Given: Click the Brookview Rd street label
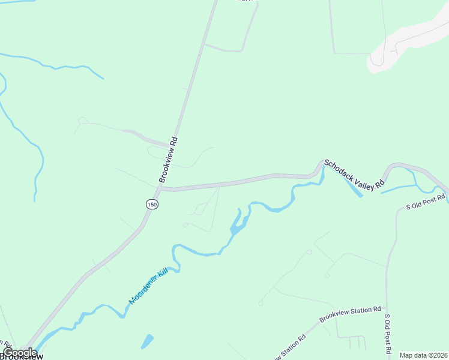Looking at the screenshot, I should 169,160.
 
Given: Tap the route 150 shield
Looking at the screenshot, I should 152,205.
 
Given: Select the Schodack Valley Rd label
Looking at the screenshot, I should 354,175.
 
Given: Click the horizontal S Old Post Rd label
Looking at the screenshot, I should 426,202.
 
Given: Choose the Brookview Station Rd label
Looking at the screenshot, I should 350,314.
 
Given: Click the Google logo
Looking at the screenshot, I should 19,353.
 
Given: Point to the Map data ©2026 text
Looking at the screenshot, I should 423,355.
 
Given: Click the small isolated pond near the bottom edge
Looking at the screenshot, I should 147,341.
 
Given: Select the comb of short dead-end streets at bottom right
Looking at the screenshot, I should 357,343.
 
